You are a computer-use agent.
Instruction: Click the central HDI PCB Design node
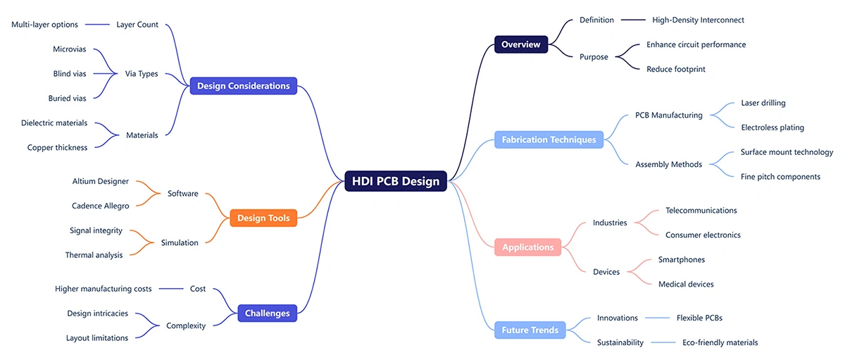tap(396, 181)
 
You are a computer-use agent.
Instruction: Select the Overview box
tap(520, 44)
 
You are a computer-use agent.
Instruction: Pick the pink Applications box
tap(527, 247)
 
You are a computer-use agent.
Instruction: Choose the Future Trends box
tap(530, 330)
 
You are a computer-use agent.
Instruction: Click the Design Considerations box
tap(243, 86)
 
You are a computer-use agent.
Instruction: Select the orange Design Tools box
tap(263, 218)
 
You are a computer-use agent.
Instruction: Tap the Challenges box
tap(267, 313)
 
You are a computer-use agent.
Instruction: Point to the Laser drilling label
tap(763, 103)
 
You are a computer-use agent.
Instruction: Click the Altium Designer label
tap(101, 181)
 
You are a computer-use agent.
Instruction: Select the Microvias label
tap(70, 49)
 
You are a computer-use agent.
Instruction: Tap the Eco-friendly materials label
tap(720, 342)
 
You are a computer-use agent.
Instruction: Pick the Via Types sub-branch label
tap(142, 73)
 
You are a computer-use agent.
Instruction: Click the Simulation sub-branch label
tap(180, 242)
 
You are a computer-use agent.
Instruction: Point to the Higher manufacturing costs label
tap(103, 288)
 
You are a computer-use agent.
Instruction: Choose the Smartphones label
tap(681, 259)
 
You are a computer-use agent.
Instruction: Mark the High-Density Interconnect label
tap(698, 20)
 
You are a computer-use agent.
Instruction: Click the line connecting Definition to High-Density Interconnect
tap(633, 20)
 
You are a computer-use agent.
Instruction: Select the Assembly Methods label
tap(668, 164)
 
